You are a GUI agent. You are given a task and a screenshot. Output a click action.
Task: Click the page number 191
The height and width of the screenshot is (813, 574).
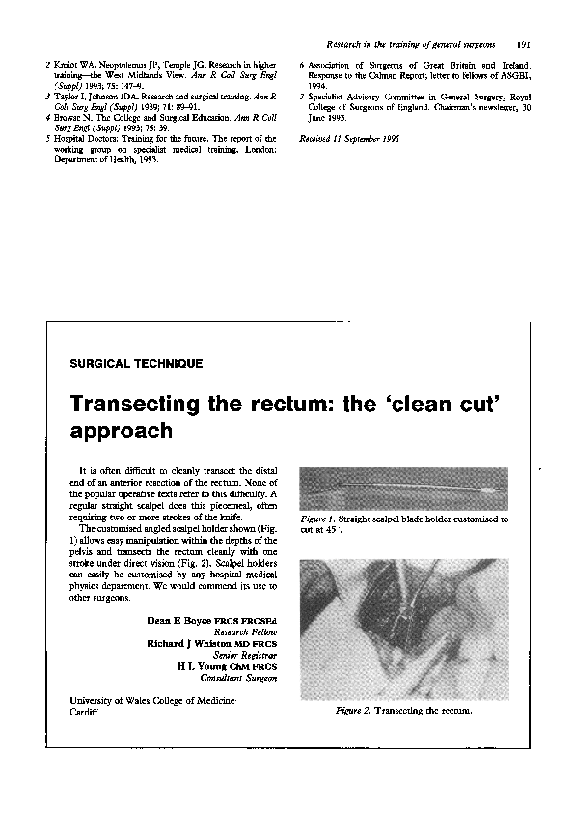(525, 44)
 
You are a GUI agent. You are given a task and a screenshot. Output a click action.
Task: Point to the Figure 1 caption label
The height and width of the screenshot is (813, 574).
(319, 519)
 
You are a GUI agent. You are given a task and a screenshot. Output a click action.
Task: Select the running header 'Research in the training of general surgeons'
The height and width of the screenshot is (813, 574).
(412, 44)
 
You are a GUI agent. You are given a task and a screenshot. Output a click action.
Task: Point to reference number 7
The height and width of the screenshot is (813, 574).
(303, 98)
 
